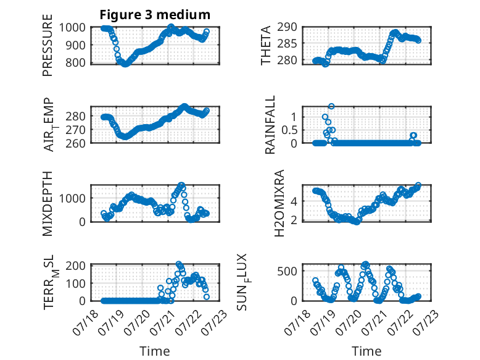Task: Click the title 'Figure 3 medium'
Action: pyautogui.click(x=155, y=15)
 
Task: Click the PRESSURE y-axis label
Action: pyautogui.click(x=48, y=45)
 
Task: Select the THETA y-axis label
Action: pyautogui.click(x=266, y=45)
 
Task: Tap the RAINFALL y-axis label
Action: pyautogui.click(x=270, y=124)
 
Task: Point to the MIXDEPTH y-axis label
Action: pyautogui.click(x=48, y=204)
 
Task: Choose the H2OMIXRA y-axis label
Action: pyautogui.click(x=279, y=203)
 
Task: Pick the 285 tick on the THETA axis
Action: pyautogui.click(x=287, y=44)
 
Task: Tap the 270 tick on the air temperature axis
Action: pyautogui.click(x=75, y=130)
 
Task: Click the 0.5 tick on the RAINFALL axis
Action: pyautogui.click(x=289, y=130)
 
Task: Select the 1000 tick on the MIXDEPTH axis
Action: pyautogui.click(x=72, y=198)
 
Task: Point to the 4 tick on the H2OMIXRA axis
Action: pyautogui.click(x=294, y=201)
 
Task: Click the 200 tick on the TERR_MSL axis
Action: pyautogui.click(x=75, y=266)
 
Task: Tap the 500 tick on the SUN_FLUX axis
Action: pyautogui.click(x=287, y=271)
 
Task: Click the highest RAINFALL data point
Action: pyautogui.click(x=331, y=106)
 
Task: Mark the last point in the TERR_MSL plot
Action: pyautogui.click(x=206, y=296)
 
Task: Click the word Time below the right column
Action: pyautogui.click(x=366, y=351)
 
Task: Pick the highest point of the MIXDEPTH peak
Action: pyautogui.click(x=181, y=185)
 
